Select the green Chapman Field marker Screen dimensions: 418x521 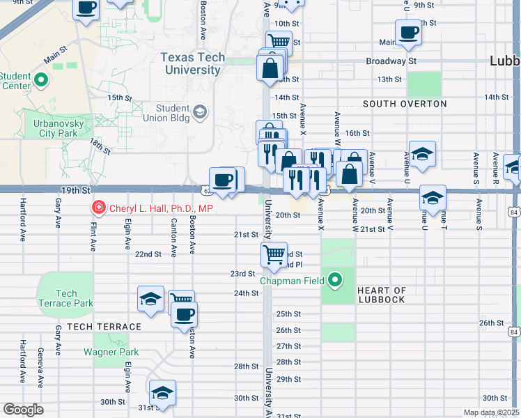(x=335, y=281)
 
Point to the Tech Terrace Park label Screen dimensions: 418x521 (x=66, y=298)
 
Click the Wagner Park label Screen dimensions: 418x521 (x=111, y=352)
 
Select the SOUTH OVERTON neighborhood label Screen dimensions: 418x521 (x=405, y=104)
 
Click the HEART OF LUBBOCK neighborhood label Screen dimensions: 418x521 (x=381, y=295)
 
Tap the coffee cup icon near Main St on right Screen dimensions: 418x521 (x=408, y=31)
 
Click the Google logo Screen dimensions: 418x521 (x=23, y=410)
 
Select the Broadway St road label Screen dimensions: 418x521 (x=391, y=61)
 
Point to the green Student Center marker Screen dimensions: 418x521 (x=41, y=79)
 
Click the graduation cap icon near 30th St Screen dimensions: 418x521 (x=162, y=392)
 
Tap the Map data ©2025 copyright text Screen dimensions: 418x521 (x=491, y=413)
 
